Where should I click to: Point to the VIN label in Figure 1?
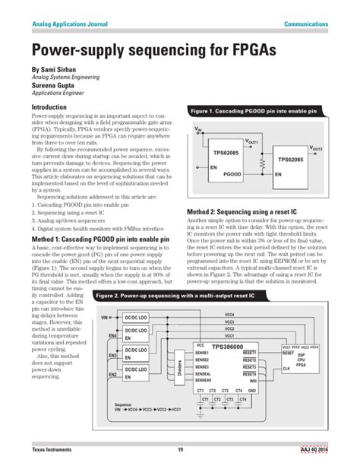coord(199,129)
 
